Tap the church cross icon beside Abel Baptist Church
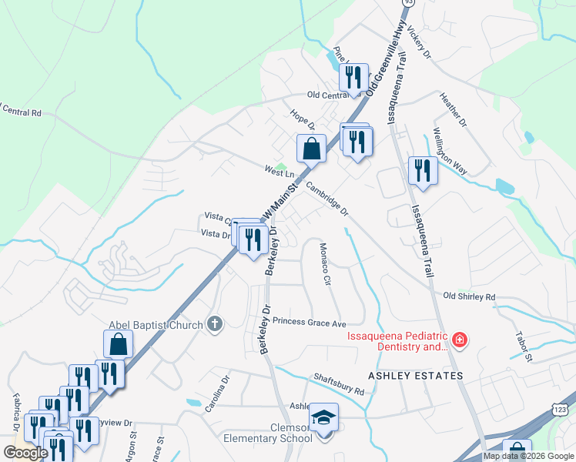tap(215, 324)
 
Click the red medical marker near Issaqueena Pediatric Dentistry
tap(460, 340)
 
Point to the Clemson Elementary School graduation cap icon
tap(324, 418)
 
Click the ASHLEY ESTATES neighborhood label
tap(416, 376)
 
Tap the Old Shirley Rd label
tap(469, 296)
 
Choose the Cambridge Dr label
tap(327, 199)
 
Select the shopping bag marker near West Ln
tap(310, 148)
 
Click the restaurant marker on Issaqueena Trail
tap(422, 170)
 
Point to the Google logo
tap(25, 453)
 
